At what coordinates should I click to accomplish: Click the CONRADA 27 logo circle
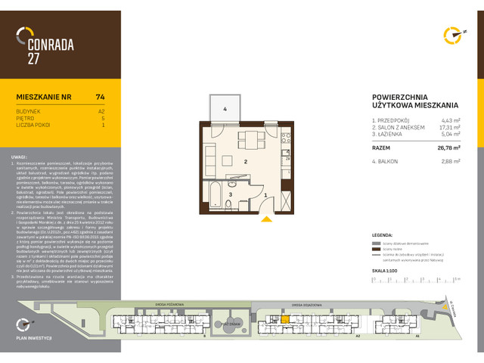[x=26, y=35]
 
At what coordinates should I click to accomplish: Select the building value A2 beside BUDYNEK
[x=101, y=111]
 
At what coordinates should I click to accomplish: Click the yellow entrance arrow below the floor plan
[x=266, y=220]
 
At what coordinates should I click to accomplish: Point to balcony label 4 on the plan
[x=225, y=110]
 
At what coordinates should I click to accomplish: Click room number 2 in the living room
[x=246, y=162]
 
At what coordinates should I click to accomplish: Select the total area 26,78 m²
[x=448, y=148]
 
